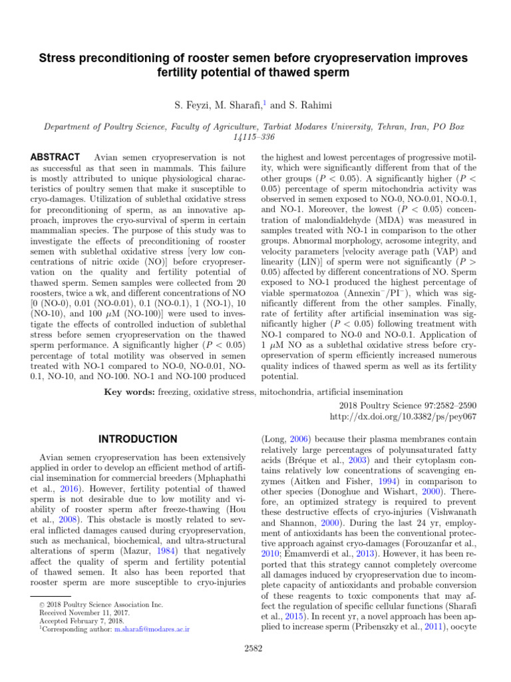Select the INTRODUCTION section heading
pos(138,439)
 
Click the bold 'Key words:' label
pos(129,392)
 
